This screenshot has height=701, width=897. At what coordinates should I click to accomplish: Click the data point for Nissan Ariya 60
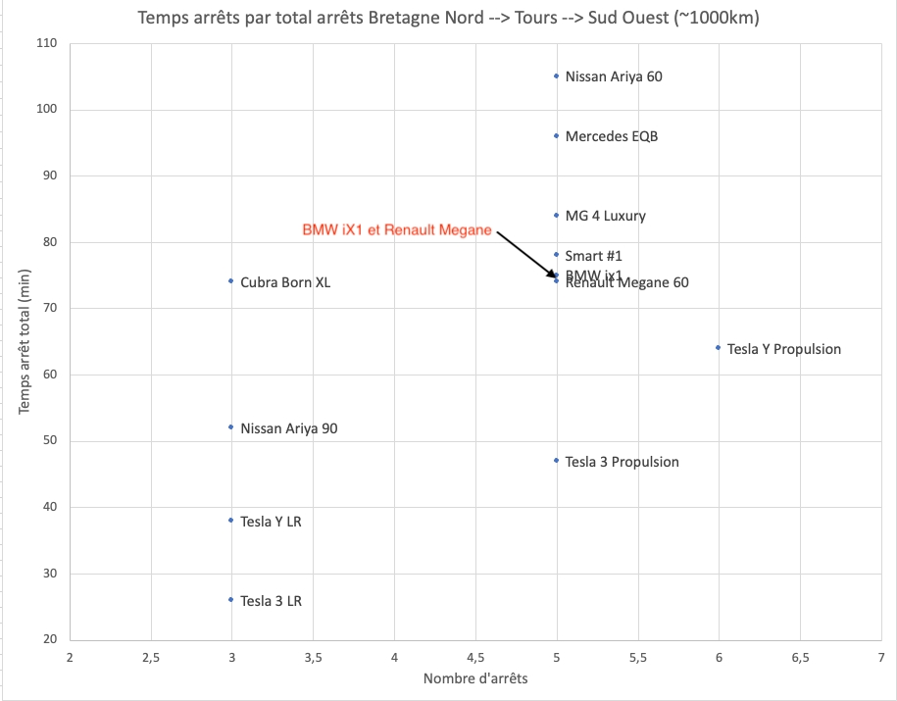click(556, 75)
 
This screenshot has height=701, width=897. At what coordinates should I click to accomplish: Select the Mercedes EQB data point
click(556, 135)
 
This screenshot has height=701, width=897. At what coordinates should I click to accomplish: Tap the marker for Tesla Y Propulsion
click(719, 347)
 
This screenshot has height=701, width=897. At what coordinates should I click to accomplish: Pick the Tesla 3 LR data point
click(230, 599)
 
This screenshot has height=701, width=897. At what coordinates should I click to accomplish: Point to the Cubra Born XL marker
click(230, 280)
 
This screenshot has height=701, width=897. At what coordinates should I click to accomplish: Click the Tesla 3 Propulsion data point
click(556, 460)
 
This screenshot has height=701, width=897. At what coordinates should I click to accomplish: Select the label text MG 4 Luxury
click(606, 216)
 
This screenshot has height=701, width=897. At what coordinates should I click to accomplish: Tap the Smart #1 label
click(594, 256)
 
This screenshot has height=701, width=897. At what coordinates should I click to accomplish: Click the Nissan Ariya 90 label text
click(289, 428)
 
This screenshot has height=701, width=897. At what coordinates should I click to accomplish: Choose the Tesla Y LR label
click(271, 522)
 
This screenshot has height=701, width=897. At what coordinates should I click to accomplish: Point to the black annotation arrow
click(526, 254)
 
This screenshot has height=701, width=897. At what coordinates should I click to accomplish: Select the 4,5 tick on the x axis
click(474, 660)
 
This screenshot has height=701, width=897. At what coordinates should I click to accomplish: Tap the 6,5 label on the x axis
click(800, 660)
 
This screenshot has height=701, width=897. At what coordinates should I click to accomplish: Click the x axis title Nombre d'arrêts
click(475, 678)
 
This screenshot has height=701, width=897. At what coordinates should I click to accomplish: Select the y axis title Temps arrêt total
click(24, 343)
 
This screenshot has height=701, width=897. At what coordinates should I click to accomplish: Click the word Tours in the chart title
click(535, 18)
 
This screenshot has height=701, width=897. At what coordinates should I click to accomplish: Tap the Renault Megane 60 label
click(627, 283)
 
